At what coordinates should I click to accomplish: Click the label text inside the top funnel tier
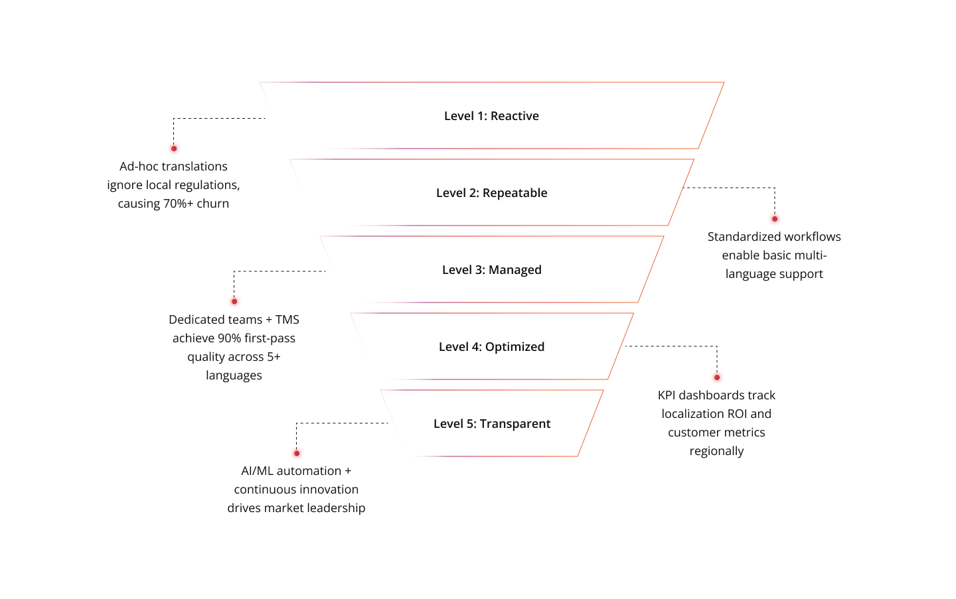pos(491,116)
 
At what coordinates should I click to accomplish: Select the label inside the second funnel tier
pos(491,194)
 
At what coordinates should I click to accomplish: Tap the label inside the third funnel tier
pos(491,271)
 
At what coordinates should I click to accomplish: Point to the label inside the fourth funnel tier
pos(491,347)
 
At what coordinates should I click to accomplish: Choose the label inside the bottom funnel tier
pos(491,423)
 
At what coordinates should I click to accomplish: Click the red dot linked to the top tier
pos(174,148)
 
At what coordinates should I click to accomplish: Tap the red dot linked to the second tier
pos(775,218)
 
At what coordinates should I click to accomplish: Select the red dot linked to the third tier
pos(234,302)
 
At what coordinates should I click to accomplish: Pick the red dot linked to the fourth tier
pos(716,377)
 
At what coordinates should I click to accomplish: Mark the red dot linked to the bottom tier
pos(296,454)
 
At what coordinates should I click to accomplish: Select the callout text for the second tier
pos(774,255)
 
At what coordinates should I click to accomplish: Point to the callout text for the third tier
pos(233,347)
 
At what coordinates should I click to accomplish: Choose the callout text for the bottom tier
pos(295,491)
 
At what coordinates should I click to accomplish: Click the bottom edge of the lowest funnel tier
pos(491,456)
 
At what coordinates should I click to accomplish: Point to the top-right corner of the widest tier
pos(725,82)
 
